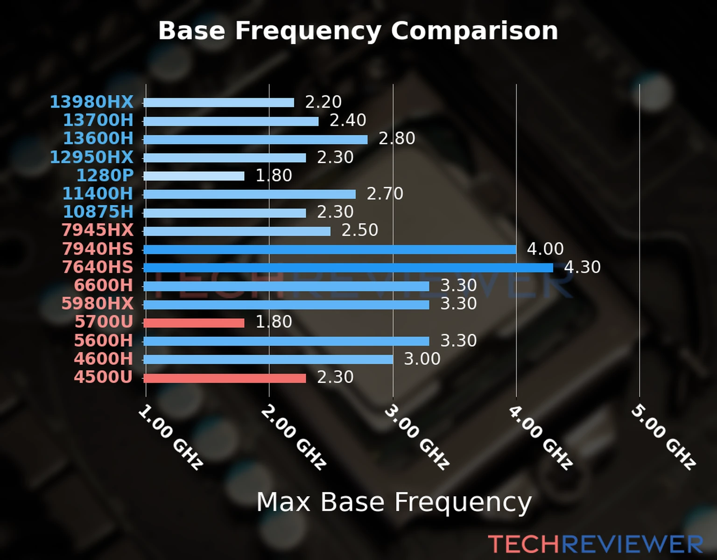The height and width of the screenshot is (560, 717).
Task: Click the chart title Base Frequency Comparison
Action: (358, 31)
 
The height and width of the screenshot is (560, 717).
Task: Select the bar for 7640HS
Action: (348, 267)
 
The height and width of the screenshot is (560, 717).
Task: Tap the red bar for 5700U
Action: (194, 322)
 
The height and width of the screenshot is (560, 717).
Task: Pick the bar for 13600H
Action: (255, 139)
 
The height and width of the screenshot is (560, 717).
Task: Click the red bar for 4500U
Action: (225, 378)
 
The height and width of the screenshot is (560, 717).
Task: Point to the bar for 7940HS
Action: (330, 249)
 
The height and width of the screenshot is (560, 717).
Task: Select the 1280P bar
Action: (194, 176)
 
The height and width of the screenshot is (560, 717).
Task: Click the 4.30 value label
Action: (582, 267)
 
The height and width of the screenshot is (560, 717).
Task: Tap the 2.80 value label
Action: (397, 139)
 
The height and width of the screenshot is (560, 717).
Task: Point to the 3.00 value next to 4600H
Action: (422, 359)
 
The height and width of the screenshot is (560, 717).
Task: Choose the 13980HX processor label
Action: (91, 102)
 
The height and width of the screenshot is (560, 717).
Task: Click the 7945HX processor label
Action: (98, 230)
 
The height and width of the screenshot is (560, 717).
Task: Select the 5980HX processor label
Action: (98, 304)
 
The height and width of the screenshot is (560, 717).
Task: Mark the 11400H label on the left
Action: (98, 194)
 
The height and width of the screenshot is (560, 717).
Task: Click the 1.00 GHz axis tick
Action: (170, 437)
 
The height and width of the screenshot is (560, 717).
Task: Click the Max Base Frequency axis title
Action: (394, 502)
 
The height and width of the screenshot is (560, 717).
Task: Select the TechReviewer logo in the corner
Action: (595, 545)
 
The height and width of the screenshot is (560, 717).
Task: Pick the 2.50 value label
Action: (360, 230)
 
